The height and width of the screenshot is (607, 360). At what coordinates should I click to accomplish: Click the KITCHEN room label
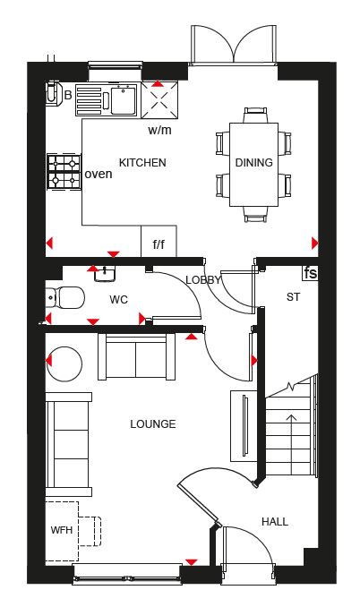[142, 163]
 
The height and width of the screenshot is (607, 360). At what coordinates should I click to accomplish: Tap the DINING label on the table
[254, 163]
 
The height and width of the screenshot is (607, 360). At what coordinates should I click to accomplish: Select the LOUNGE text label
[153, 424]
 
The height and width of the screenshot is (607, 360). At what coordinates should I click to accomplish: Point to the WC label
[118, 300]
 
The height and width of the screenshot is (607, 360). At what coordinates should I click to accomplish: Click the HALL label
[275, 522]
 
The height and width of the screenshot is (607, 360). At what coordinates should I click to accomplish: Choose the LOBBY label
[203, 280]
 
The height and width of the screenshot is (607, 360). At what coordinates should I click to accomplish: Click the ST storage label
[293, 297]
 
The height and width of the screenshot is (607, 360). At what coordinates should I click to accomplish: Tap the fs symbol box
[310, 273]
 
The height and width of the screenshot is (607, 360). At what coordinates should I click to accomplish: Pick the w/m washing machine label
[159, 130]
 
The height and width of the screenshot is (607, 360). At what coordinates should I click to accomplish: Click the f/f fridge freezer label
[159, 244]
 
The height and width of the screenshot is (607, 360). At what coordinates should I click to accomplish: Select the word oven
[99, 175]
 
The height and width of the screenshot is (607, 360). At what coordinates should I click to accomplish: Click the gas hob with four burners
[64, 172]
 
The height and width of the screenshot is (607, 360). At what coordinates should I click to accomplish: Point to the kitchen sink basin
[124, 100]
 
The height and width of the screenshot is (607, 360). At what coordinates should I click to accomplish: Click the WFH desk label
[62, 530]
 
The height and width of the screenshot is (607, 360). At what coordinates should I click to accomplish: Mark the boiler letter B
[68, 95]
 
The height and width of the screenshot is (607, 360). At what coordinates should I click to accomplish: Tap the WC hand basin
[105, 273]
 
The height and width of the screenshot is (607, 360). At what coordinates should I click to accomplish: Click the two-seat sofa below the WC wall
[136, 356]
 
